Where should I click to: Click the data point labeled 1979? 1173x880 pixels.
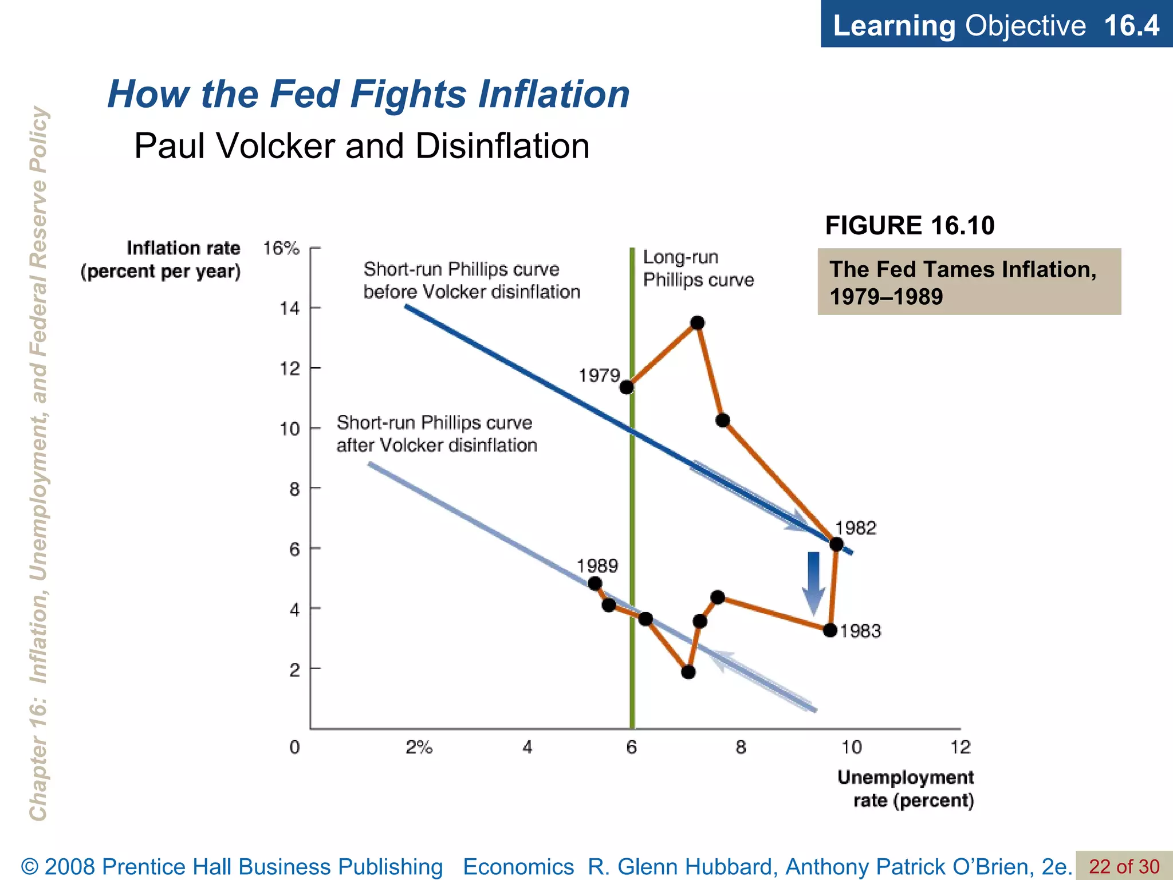[x=627, y=387]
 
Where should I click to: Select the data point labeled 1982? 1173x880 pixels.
[x=836, y=544]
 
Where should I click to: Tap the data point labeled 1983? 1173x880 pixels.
[x=830, y=630]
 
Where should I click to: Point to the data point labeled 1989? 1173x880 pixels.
[x=595, y=584]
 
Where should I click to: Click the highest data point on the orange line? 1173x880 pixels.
[x=697, y=323]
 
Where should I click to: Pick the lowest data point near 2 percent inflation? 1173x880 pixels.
[x=688, y=672]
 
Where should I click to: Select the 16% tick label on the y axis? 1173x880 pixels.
[x=281, y=249]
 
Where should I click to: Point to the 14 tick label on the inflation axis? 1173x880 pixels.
[x=289, y=309]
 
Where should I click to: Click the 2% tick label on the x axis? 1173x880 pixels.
[x=419, y=747]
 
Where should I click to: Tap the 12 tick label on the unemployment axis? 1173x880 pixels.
[x=961, y=747]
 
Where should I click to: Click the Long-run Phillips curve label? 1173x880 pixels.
[x=698, y=269]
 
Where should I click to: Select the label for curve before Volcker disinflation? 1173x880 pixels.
[x=471, y=281]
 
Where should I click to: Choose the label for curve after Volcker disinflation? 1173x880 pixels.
[x=436, y=434]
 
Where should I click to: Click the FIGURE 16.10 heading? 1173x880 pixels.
[x=910, y=225]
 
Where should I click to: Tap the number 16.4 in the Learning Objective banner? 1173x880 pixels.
[x=1131, y=25]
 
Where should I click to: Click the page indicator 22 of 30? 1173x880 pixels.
[x=1124, y=866]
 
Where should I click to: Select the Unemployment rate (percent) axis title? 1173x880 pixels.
[x=906, y=789]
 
